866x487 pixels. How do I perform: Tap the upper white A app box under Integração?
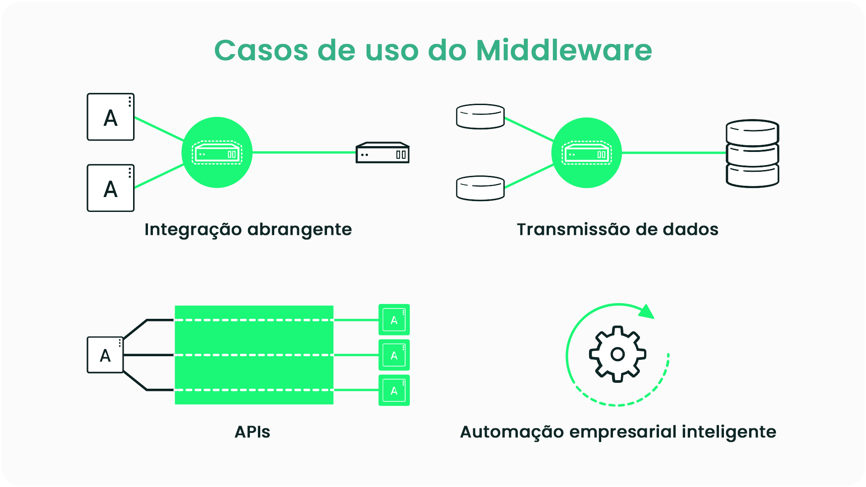pyautogui.click(x=111, y=117)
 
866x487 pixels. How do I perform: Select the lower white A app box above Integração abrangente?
pyautogui.click(x=111, y=188)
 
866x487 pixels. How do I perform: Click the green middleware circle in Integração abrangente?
pyautogui.click(x=217, y=152)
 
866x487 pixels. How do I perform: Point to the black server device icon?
pyautogui.click(x=382, y=153)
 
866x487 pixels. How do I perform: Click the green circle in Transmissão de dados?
pyautogui.click(x=586, y=153)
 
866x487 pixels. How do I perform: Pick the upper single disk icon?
pyautogui.click(x=480, y=116)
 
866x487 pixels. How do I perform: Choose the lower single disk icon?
pyautogui.click(x=480, y=188)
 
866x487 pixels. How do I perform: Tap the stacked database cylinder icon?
pyautogui.click(x=752, y=153)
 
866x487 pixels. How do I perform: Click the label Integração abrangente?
pyautogui.click(x=248, y=230)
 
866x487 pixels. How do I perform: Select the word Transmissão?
pyautogui.click(x=573, y=230)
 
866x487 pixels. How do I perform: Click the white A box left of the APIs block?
pyautogui.click(x=105, y=355)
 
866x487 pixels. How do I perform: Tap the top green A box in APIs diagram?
pyautogui.click(x=394, y=320)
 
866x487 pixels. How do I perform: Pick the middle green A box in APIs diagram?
pyautogui.click(x=394, y=355)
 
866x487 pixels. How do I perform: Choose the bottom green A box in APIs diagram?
pyautogui.click(x=394, y=390)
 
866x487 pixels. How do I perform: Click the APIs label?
pyautogui.click(x=252, y=432)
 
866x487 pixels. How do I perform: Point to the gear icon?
pyautogui.click(x=617, y=354)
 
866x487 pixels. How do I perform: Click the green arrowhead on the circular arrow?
pyautogui.click(x=647, y=312)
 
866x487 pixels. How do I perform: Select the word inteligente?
pyautogui.click(x=729, y=432)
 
